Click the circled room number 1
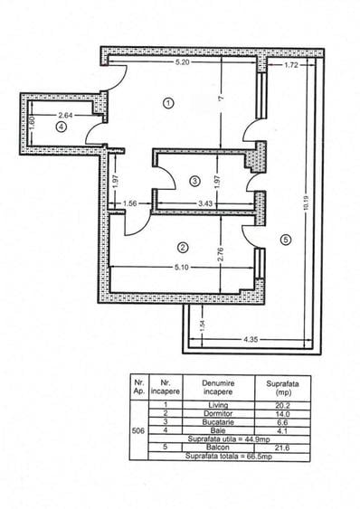click(168, 103)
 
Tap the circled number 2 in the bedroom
click(183, 247)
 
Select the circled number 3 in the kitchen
click(194, 181)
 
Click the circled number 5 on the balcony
click(285, 240)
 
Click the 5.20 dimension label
click(181, 64)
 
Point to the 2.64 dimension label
click(66, 115)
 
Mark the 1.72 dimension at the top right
click(291, 66)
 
